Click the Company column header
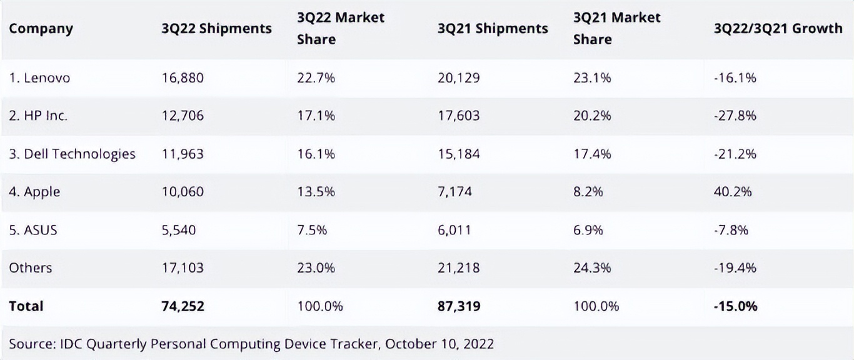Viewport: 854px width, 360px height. coord(41,29)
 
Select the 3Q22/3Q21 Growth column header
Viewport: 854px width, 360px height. coord(778,29)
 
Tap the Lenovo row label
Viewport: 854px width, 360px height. coord(39,78)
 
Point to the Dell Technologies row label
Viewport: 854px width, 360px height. coord(72,154)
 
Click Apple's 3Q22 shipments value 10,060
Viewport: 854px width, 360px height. coord(183,192)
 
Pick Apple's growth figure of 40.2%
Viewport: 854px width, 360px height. coord(733,192)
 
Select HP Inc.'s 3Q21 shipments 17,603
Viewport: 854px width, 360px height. coord(459,116)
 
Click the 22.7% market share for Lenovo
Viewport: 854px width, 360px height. coord(316,78)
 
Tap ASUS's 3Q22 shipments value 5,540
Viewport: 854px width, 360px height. coord(179,230)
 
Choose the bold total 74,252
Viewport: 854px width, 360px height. coord(183,306)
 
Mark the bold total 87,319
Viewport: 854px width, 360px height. coord(459,306)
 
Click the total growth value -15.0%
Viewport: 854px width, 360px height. coord(736,306)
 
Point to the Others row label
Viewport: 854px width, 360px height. coord(31,267)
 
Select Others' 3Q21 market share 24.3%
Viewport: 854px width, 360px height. coord(592,267)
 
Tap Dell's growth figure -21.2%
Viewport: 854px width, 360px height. coord(735,154)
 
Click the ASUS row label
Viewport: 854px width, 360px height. coord(33,230)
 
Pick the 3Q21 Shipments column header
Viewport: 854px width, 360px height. coord(493,29)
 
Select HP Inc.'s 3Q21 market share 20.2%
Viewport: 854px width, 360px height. coord(592,116)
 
